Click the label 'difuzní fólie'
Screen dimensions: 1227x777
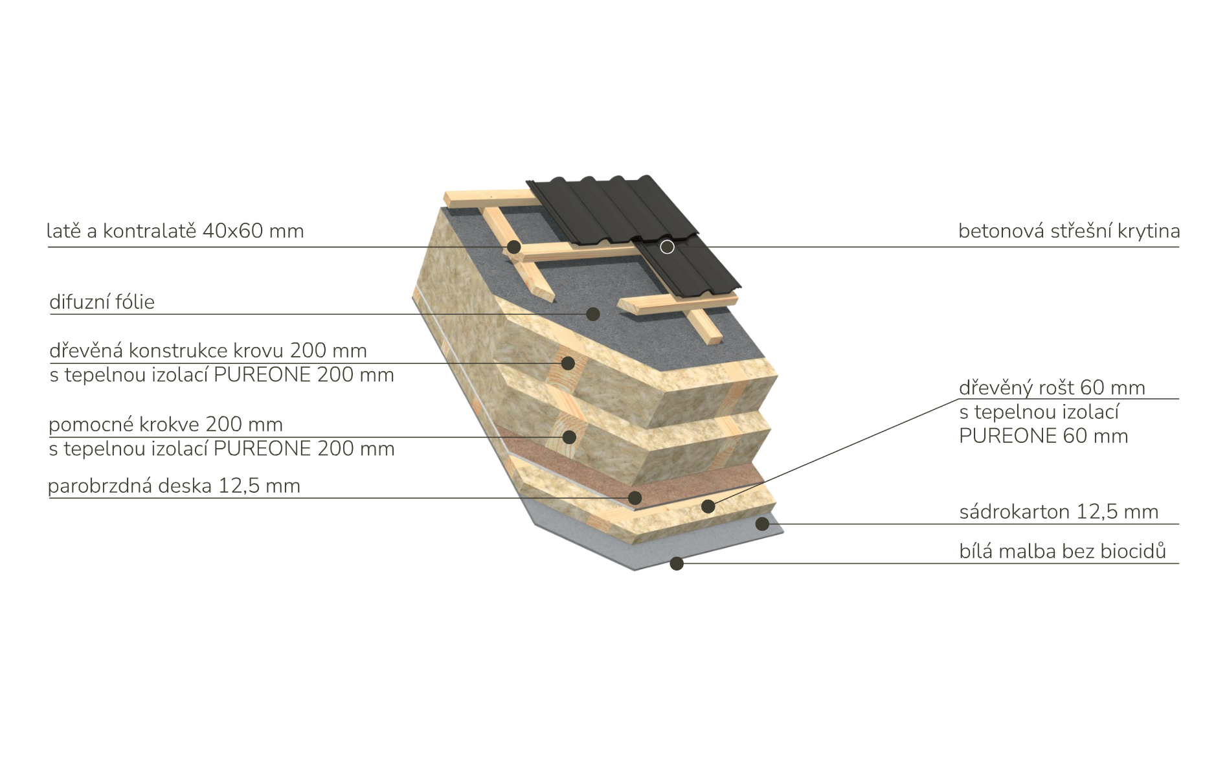[102, 302]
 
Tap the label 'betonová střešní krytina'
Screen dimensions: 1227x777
[1069, 231]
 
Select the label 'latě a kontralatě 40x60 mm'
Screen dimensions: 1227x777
[175, 231]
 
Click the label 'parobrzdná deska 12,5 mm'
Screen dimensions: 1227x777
[174, 486]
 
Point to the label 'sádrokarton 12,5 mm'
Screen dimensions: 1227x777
[1059, 512]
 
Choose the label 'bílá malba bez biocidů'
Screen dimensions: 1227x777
[1063, 551]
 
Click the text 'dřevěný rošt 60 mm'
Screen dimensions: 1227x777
[1052, 387]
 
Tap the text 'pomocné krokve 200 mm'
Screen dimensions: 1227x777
[166, 424]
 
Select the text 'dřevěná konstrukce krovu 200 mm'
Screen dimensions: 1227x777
[208, 350]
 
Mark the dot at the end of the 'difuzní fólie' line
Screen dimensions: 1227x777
[592, 314]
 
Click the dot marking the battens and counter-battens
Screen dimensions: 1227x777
[513, 247]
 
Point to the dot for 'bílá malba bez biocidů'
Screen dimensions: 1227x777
[677, 563]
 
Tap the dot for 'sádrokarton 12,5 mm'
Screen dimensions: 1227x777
[763, 524]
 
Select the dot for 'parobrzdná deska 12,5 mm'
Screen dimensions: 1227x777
[635, 498]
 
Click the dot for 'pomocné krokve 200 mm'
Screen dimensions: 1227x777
[569, 437]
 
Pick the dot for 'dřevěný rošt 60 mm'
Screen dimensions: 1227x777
[708, 506]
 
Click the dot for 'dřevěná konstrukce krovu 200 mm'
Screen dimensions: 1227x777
[568, 363]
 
